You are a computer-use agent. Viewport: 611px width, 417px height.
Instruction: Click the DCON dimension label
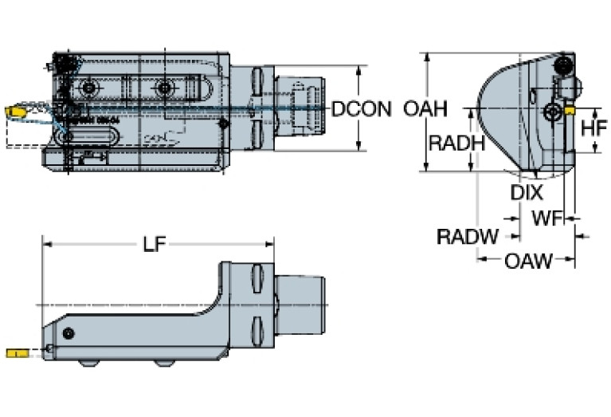[x=361, y=109]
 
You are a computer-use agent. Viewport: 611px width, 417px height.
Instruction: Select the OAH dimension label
[x=425, y=109]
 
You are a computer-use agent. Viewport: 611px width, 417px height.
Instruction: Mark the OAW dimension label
[x=527, y=260]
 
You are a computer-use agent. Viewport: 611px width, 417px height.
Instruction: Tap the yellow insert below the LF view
[x=16, y=353]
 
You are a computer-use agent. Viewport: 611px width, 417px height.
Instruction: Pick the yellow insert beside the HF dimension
[x=570, y=112]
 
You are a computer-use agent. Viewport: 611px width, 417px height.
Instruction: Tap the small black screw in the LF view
[x=70, y=332]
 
